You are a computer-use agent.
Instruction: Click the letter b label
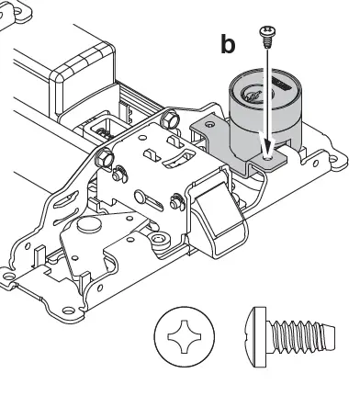point(228,44)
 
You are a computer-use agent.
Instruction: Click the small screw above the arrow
point(267,34)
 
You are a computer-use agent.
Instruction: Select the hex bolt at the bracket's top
point(169,119)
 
